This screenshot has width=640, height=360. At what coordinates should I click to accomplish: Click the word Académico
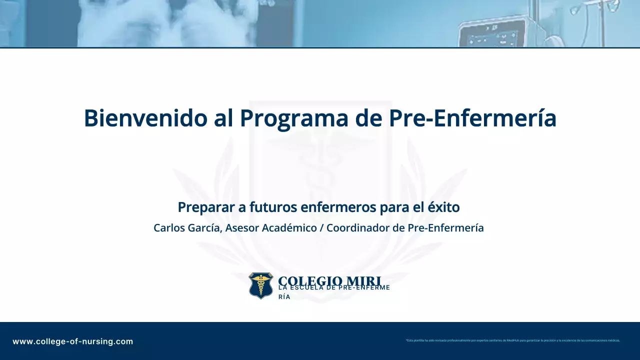(x=291, y=228)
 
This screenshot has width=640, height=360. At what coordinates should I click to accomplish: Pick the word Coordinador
(x=358, y=228)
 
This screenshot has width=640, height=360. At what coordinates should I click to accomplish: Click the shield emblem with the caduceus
(x=261, y=285)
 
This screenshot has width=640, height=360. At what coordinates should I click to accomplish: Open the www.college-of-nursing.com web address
(x=73, y=342)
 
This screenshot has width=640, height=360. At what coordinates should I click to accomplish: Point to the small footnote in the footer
(x=512, y=340)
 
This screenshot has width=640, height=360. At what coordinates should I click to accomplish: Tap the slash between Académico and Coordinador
(x=322, y=228)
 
